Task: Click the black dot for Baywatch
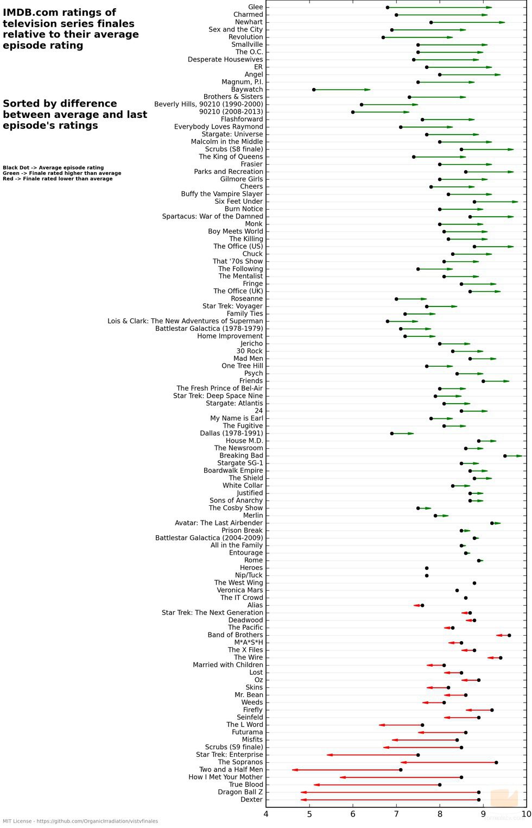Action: (314, 90)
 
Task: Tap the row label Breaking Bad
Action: (241, 456)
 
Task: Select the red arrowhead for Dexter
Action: (303, 800)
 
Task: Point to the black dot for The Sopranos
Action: (496, 762)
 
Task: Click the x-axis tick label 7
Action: (396, 814)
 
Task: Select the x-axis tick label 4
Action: (266, 814)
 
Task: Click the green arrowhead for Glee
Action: (489, 8)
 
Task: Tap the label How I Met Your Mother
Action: (225, 777)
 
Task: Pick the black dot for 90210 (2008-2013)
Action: (353, 112)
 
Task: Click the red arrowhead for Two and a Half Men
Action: (295, 770)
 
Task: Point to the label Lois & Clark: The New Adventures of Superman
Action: (185, 321)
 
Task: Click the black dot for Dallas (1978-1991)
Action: (392, 434)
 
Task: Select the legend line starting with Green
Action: (61, 173)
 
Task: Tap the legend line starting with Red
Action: (58, 179)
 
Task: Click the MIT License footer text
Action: (80, 821)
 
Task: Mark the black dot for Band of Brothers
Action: (509, 635)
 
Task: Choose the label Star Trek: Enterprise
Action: (229, 755)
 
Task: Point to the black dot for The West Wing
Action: (474, 583)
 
